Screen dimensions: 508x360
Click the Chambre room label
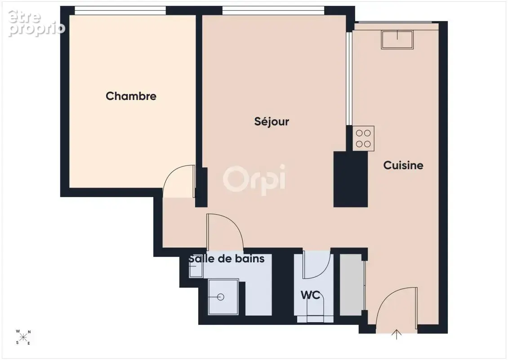[131, 96]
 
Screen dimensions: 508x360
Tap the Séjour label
[272, 121]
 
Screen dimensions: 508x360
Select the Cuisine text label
[403, 165]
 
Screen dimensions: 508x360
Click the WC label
[310, 295]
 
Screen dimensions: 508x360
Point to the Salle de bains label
[227, 258]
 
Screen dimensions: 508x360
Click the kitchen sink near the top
[397, 40]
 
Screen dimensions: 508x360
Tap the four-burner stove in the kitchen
[364, 139]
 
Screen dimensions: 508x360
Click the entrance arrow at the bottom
[397, 334]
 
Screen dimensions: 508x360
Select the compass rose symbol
[23, 337]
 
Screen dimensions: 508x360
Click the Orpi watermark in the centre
[254, 180]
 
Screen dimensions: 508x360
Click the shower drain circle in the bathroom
[221, 297]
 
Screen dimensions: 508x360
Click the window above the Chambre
[120, 10]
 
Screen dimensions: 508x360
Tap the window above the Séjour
[273, 10]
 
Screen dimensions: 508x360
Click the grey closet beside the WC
[351, 285]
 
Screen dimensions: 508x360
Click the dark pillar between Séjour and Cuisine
[351, 180]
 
